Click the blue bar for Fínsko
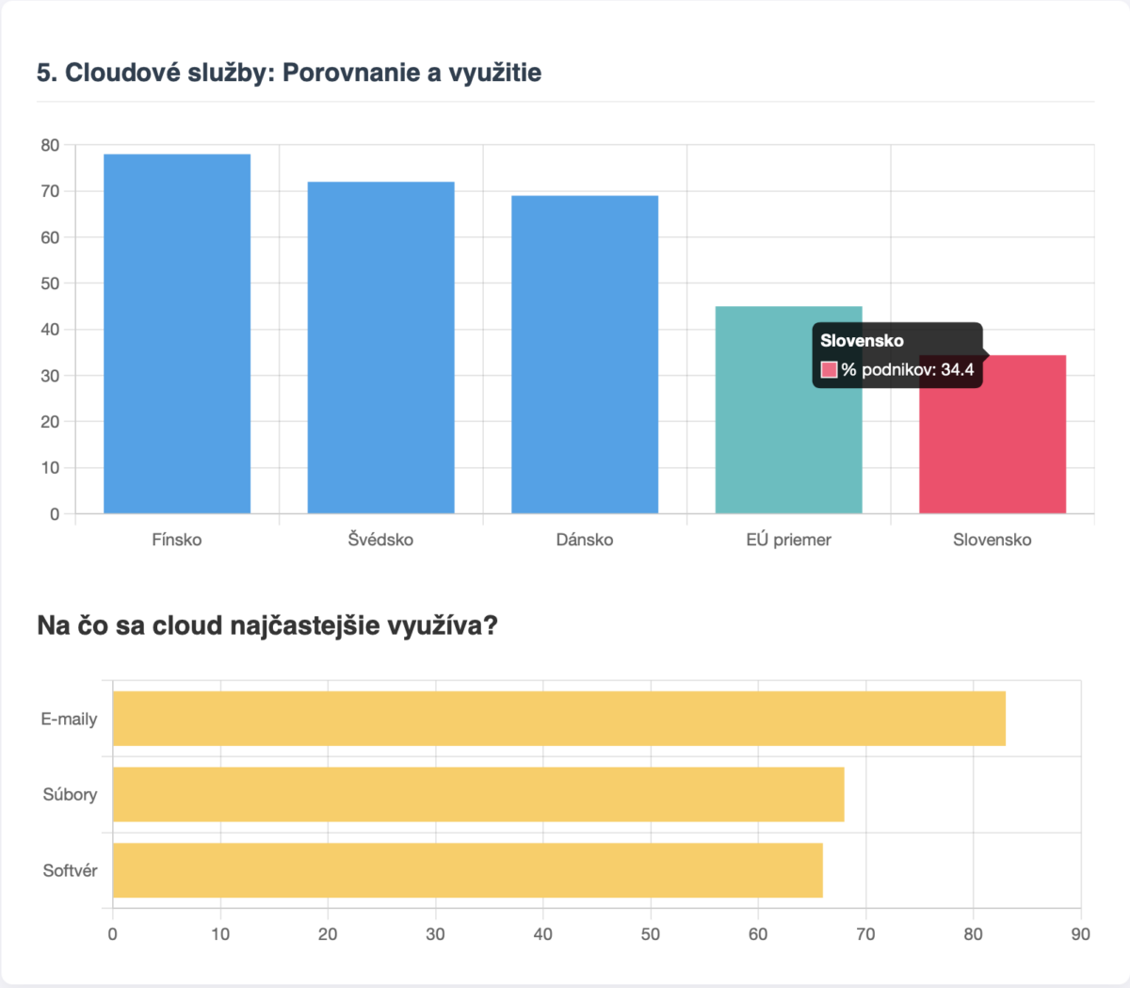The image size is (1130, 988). [177, 333]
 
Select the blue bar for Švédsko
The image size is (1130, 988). [380, 348]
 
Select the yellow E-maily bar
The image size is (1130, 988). [559, 719]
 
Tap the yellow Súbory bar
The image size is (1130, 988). [478, 794]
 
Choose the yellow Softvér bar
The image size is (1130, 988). [468, 870]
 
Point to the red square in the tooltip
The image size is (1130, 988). [830, 369]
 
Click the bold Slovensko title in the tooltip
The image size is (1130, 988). [862, 341]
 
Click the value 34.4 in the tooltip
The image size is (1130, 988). [957, 369]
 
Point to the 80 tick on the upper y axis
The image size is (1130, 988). [50, 145]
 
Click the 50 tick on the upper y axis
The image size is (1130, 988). [50, 283]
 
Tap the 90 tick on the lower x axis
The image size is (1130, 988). [1080, 934]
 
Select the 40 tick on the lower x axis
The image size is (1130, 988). [542, 934]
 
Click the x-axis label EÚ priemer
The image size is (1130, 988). [788, 540]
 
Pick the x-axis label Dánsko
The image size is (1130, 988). [585, 540]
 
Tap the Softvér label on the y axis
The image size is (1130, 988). [70, 870]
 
